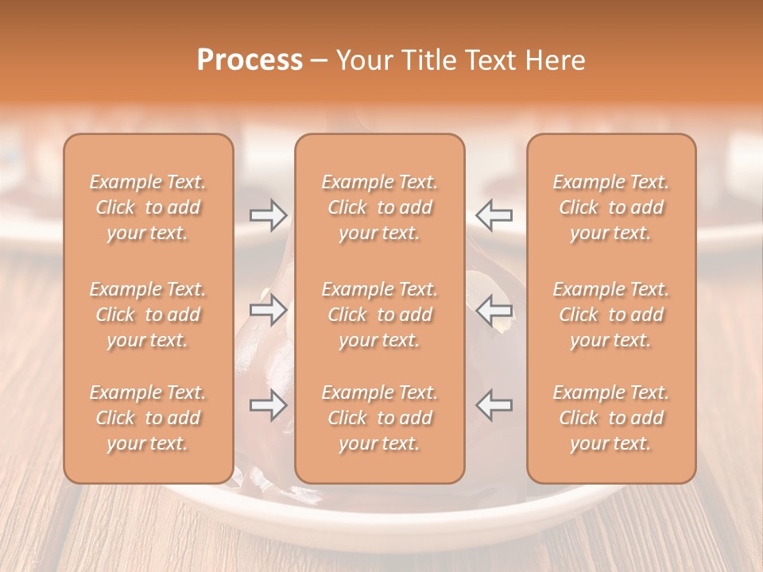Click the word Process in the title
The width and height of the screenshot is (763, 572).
tap(250, 60)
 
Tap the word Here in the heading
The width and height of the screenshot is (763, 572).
tap(556, 60)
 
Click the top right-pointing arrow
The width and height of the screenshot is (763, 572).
tap(268, 214)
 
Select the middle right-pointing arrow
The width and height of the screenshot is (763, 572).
tap(268, 310)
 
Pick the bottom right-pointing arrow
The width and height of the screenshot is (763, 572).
tap(268, 405)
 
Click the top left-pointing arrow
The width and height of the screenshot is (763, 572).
tap(494, 214)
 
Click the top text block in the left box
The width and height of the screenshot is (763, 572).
tap(148, 207)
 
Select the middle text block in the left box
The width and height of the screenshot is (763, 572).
tap(148, 315)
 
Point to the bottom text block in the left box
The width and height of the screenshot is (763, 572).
tap(148, 418)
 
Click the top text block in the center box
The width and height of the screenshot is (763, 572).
tap(379, 207)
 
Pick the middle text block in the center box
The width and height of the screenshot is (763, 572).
tap(379, 315)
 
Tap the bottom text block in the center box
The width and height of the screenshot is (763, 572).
tap(379, 418)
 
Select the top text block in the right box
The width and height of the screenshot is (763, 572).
tap(610, 207)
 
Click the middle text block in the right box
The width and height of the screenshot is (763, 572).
tap(610, 315)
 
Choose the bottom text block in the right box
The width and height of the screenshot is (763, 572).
tap(610, 418)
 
